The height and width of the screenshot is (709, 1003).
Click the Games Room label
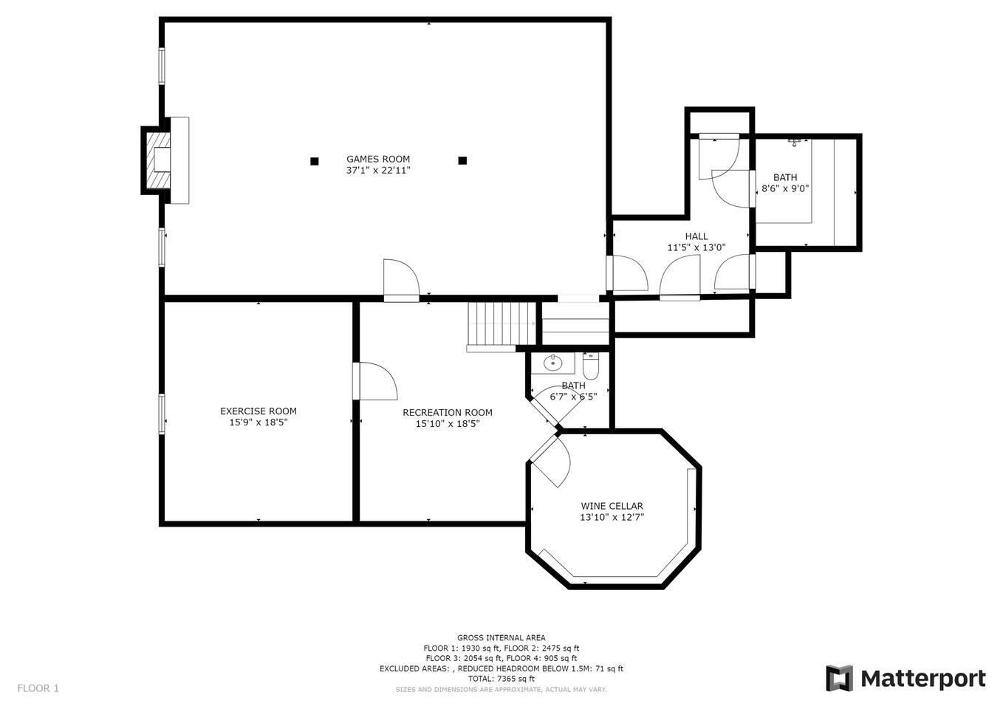(378, 159)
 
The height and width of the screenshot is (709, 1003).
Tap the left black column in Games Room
(315, 161)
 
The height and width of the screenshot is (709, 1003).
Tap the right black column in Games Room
(462, 160)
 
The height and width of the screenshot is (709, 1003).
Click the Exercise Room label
(258, 411)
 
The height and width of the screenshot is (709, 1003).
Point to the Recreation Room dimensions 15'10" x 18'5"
(448, 423)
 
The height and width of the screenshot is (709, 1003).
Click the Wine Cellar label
(612, 506)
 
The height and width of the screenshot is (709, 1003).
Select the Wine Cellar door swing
(550, 461)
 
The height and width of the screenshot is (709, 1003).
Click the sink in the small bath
(553, 363)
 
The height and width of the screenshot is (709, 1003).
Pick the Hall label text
(696, 236)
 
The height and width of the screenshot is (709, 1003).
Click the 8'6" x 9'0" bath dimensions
(785, 188)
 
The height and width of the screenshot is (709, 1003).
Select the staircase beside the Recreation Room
(502, 324)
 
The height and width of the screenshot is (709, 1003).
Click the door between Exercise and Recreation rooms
(374, 381)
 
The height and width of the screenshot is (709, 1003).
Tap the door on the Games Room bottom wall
(401, 281)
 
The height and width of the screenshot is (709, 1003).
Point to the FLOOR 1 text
(38, 688)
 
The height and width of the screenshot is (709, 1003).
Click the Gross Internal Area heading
(501, 637)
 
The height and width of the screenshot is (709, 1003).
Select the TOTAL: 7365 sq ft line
(501, 679)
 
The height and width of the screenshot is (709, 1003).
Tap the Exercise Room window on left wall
(162, 414)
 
